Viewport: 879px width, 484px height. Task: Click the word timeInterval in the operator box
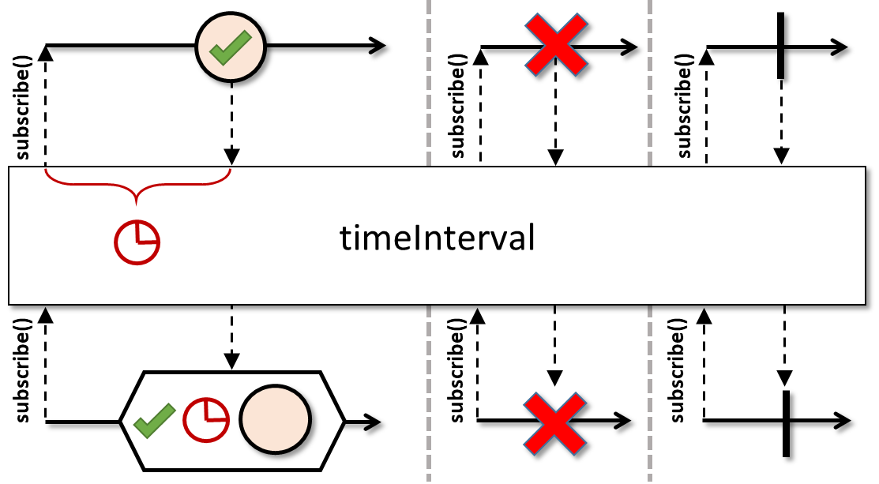point(438,238)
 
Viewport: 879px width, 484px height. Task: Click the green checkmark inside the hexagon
point(154,420)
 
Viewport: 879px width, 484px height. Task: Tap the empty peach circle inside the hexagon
point(273,420)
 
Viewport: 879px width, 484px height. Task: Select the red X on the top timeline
point(556,46)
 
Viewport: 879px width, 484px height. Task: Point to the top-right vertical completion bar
point(780,46)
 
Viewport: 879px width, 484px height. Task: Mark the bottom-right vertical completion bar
point(786,422)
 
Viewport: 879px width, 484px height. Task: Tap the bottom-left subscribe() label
point(23,368)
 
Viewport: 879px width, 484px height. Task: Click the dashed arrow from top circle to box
point(231,126)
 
